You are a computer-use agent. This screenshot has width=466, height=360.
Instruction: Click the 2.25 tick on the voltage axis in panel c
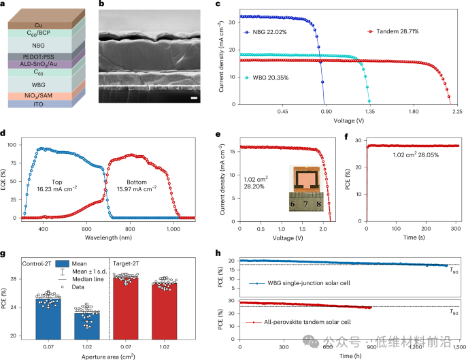pyautogui.click(x=456, y=112)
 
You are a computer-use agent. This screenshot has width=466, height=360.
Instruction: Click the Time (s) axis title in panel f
pyautogui.click(x=413, y=238)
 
